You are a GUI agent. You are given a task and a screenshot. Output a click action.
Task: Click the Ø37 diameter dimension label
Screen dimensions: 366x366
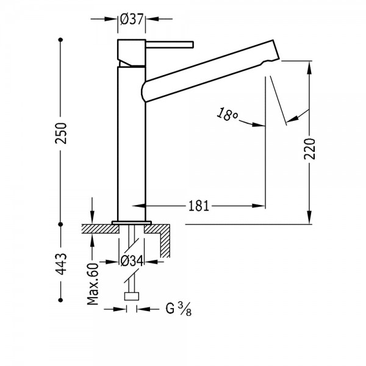click(131, 19)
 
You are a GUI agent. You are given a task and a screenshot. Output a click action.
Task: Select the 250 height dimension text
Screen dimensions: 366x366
click(61, 133)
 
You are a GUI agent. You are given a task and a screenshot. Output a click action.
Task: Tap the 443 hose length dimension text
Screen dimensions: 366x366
click(61, 264)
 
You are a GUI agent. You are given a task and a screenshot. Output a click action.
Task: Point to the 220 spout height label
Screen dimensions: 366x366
click(309, 149)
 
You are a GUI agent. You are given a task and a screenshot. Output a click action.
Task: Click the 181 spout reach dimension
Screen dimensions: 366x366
click(198, 206)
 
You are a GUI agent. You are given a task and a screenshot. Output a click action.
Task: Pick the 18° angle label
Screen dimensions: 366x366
click(228, 115)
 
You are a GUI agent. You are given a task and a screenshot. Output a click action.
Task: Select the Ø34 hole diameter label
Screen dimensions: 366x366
click(132, 261)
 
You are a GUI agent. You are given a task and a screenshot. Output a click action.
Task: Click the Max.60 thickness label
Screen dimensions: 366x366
click(93, 284)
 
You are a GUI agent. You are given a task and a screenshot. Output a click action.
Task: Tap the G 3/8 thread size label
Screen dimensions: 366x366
click(179, 309)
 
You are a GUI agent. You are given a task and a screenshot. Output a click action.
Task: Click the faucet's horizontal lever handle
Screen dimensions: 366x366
click(170, 45)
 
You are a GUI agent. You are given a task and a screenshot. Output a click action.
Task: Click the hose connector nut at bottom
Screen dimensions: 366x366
click(132, 296)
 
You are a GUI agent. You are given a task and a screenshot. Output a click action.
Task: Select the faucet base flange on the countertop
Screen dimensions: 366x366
click(132, 223)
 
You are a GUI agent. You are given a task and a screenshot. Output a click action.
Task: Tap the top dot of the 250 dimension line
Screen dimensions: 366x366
click(60, 40)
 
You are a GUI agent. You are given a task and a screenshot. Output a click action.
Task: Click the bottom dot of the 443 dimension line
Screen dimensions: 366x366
click(60, 300)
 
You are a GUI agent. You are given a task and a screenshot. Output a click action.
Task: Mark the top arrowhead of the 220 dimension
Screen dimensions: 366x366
click(309, 68)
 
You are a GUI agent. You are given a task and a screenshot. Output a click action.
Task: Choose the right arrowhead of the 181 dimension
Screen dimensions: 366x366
click(259, 206)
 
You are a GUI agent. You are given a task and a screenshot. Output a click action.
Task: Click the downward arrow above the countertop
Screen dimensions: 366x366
click(92, 210)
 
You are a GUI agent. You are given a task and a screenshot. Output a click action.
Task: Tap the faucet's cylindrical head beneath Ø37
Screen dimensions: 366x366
click(131, 53)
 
